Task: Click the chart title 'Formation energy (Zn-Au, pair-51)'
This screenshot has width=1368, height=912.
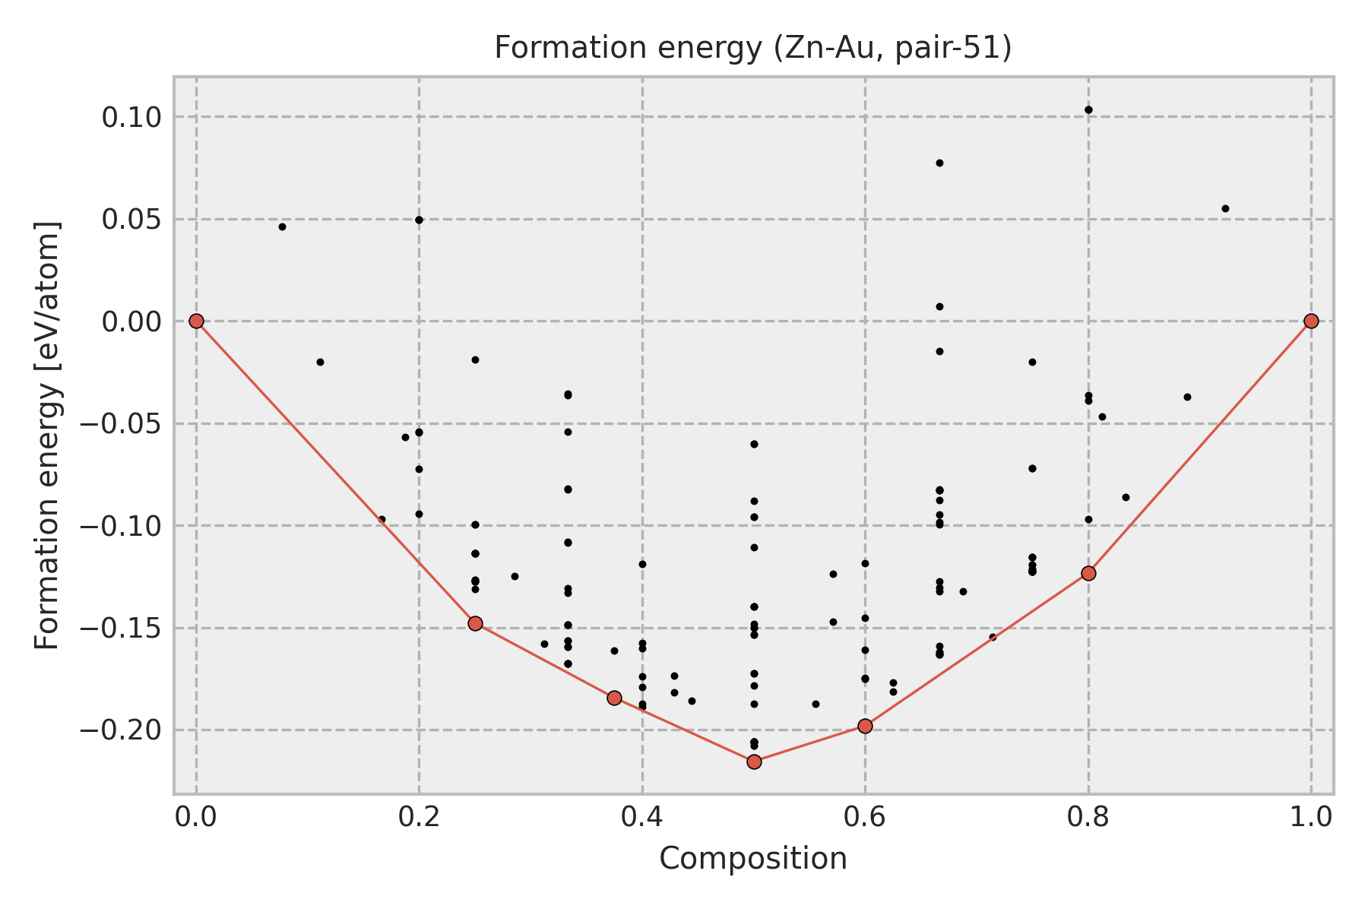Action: click(752, 48)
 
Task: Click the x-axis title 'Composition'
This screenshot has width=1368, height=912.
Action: click(752, 859)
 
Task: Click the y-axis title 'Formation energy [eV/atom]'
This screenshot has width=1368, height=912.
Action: click(47, 435)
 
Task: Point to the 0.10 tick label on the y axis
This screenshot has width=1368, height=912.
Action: click(132, 118)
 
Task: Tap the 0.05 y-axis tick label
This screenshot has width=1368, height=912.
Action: click(132, 220)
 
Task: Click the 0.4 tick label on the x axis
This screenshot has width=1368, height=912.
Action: click(642, 818)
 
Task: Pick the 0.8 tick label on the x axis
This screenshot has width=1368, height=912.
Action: click(1088, 818)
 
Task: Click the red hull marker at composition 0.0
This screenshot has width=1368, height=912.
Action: click(196, 321)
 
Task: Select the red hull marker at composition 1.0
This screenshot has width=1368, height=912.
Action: click(1311, 321)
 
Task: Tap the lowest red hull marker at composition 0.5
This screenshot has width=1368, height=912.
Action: click(754, 762)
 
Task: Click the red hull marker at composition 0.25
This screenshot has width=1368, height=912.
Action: click(475, 623)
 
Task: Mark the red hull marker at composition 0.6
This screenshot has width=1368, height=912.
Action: click(865, 726)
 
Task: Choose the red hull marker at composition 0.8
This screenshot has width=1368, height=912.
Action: click(1088, 573)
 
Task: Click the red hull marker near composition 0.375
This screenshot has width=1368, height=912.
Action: click(614, 698)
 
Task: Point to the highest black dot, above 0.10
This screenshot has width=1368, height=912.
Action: click(1088, 109)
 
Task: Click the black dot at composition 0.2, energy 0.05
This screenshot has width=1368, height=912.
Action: click(419, 220)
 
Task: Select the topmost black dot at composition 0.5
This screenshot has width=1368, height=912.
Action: click(754, 444)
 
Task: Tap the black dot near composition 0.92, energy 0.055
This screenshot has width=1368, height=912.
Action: click(1225, 208)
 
